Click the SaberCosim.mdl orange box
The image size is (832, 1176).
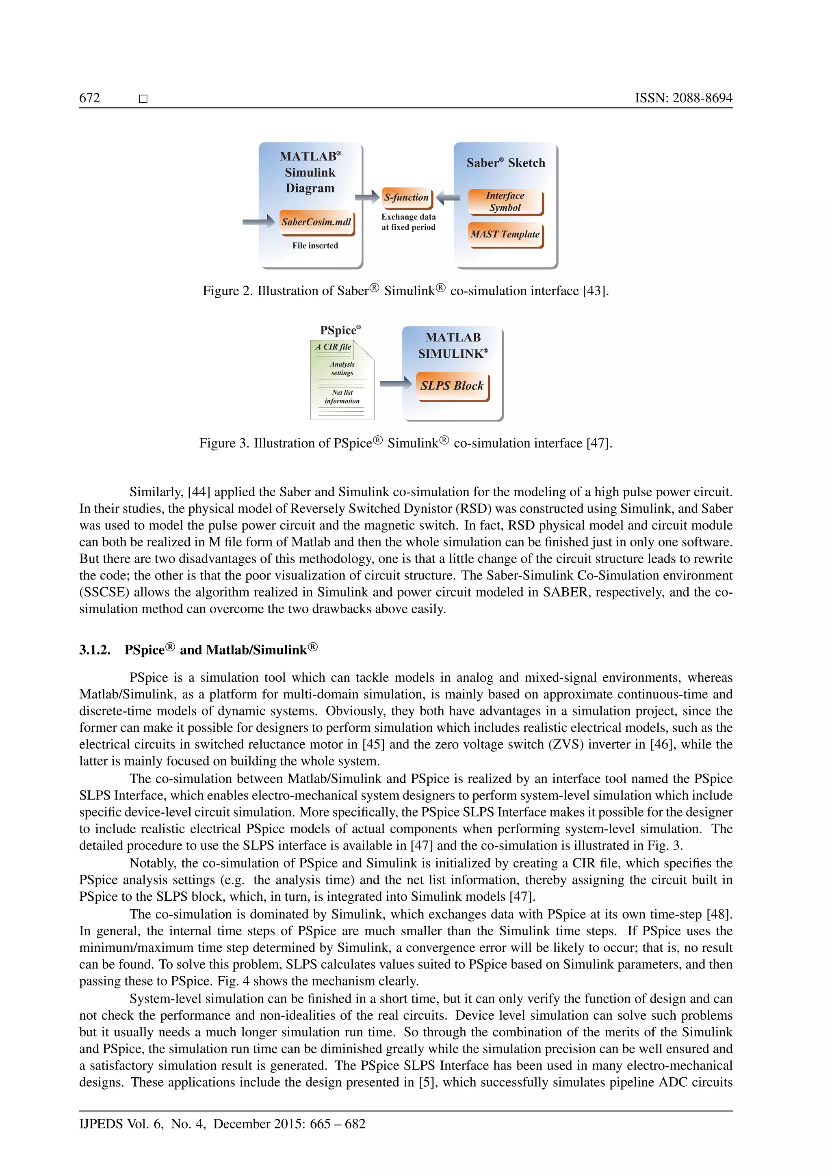316,222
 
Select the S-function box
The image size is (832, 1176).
407,198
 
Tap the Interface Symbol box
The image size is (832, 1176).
505,202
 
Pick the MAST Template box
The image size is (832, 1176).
505,235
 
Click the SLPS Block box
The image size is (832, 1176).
452,386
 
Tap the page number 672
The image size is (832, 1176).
90,98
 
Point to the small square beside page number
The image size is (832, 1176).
143,99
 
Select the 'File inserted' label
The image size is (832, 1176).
315,246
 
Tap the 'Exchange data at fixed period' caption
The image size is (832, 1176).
408,222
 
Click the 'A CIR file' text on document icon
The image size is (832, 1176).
333,347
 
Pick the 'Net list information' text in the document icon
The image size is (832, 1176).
342,397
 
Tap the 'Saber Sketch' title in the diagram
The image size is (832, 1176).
506,163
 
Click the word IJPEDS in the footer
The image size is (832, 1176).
101,1124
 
